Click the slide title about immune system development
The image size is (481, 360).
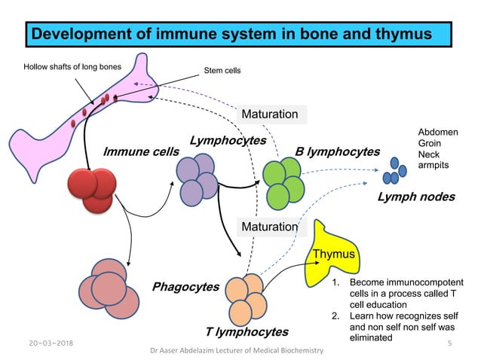[238, 35]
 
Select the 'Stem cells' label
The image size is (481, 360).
[222, 72]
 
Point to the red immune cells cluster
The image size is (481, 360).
[92, 188]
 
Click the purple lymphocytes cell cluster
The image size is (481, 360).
[196, 179]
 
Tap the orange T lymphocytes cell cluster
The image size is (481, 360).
[247, 295]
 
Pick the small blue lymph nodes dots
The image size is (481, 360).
[392, 172]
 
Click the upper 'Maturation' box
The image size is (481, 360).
[269, 114]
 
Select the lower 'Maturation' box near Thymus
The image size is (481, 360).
[269, 226]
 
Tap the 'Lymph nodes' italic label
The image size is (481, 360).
[416, 197]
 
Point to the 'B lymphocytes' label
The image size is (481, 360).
[337, 152]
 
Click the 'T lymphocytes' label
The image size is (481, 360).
[247, 331]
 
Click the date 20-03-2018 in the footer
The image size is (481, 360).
[40, 343]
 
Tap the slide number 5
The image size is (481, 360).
[448, 343]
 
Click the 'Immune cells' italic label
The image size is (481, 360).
[141, 152]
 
